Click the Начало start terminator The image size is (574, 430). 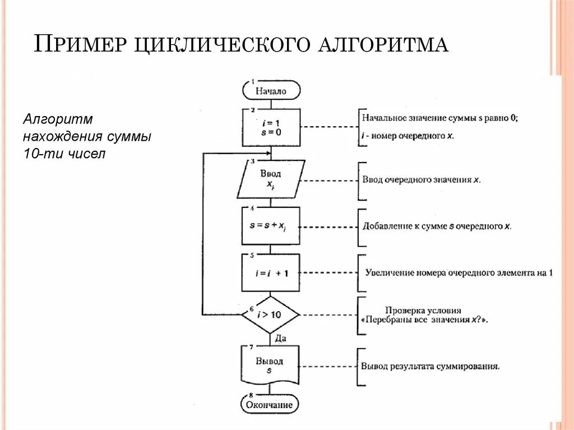coord(271,90)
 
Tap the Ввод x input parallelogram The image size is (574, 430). coord(271,179)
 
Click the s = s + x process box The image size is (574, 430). coord(271,226)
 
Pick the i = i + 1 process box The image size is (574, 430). coord(271,272)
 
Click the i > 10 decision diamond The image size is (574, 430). coord(270,315)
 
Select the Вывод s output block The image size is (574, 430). coord(270,364)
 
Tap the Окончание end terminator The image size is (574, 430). coord(270,404)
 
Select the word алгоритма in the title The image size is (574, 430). coord(383,44)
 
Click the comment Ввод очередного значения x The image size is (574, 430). coord(421,181)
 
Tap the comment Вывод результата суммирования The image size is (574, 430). coord(430,367)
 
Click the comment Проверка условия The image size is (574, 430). coord(423,310)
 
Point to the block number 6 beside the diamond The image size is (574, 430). coord(252,309)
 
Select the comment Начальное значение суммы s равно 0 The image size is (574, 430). coord(439,118)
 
